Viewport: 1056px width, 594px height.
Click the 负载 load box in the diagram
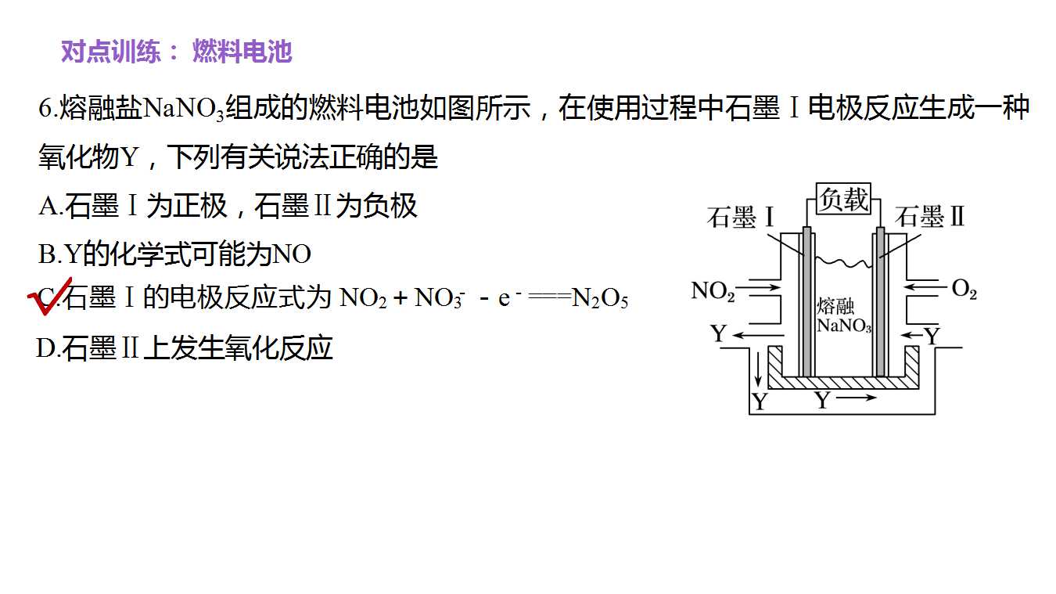click(843, 199)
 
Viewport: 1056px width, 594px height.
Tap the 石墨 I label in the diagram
click(741, 218)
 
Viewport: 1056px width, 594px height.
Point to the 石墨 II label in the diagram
click(929, 217)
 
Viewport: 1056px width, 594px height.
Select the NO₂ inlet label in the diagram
click(713, 291)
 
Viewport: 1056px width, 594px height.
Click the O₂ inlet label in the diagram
click(964, 289)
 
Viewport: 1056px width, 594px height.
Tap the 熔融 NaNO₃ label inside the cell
click(844, 315)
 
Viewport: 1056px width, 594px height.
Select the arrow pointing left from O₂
click(925, 286)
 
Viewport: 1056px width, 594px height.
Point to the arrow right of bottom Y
click(856, 398)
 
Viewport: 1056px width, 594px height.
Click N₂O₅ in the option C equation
click(600, 299)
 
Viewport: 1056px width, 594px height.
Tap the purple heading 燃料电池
click(242, 52)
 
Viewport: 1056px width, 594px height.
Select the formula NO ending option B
click(292, 254)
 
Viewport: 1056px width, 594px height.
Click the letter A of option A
click(48, 206)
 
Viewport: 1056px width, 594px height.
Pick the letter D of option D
click(46, 348)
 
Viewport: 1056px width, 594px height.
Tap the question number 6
click(45, 109)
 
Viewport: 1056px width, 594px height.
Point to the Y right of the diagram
click(932, 337)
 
